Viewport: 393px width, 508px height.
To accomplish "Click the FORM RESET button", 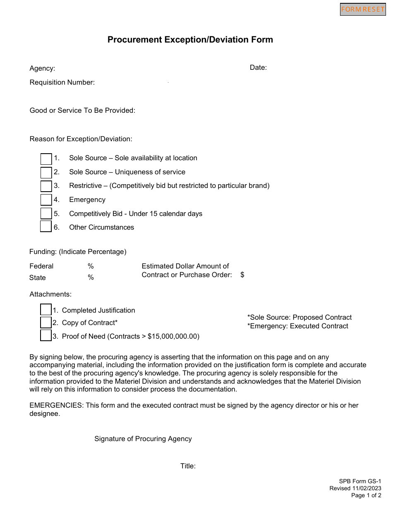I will pos(363,9).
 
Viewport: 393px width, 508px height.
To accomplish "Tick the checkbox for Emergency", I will pos(46,200).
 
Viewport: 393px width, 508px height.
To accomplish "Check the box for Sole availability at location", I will pos(46,159).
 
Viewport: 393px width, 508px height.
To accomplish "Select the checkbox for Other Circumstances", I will pos(46,227).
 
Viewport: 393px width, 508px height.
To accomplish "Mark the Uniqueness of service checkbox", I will pos(46,172).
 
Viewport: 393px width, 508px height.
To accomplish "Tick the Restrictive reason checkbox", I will pos(46,186).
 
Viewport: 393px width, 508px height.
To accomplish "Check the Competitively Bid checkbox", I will pos(46,214).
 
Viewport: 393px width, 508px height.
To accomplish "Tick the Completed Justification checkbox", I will pos(46,310).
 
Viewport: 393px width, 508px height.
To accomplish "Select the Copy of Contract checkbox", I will pos(46,323).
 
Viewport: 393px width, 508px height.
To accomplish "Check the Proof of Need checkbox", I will pos(46,335).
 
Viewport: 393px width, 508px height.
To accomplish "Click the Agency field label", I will pos(42,69).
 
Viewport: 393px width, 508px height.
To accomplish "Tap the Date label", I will pos(258,68).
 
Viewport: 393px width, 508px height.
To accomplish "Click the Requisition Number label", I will pos(62,83).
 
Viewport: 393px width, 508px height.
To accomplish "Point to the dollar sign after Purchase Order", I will pos(242,275).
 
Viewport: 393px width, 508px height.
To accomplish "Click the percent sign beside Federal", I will pos(91,266).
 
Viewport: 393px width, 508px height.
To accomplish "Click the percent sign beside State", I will pos(91,278).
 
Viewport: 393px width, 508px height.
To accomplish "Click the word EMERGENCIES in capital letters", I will pos(56,405).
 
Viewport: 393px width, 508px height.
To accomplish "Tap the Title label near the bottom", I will pos(188,466).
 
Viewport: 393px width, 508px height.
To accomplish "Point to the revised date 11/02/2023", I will pos(367,489).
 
